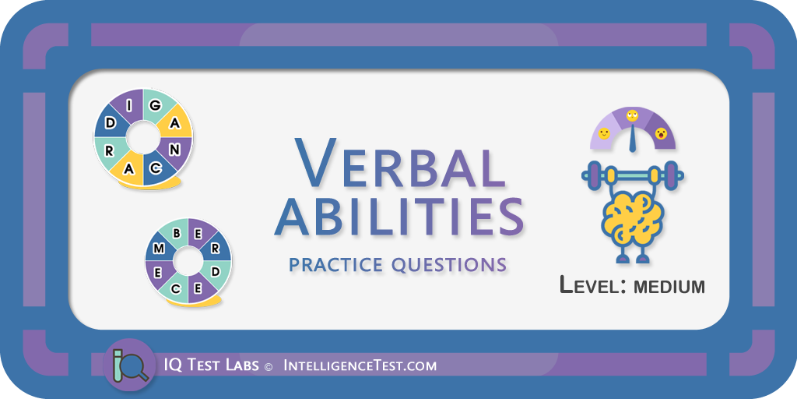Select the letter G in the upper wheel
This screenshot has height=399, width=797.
(x=156, y=105)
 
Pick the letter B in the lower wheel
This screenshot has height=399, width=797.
(x=177, y=234)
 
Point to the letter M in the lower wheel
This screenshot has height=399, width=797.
(x=159, y=249)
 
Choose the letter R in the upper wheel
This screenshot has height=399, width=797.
(x=109, y=151)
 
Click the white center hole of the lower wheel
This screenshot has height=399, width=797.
(x=188, y=261)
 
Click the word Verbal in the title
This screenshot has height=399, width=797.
(x=400, y=162)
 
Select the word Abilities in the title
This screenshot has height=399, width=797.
(x=399, y=218)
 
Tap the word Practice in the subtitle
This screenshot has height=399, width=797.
(x=335, y=264)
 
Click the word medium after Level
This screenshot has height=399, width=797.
(x=669, y=287)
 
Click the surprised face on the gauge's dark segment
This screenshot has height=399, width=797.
(x=661, y=133)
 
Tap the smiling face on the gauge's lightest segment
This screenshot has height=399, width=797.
(x=604, y=134)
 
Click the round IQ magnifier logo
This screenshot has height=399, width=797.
(x=130, y=365)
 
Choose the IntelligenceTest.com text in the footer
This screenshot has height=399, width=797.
(x=360, y=365)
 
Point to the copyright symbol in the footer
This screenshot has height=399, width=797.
(x=269, y=366)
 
